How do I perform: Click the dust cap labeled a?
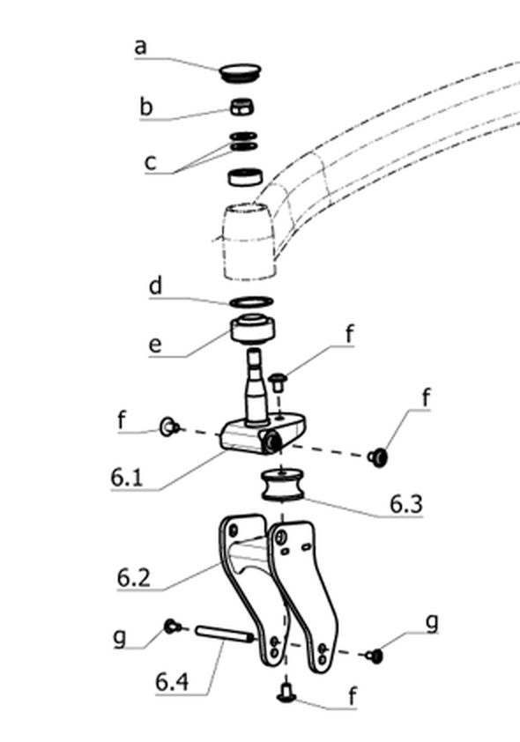pyautogui.click(x=241, y=72)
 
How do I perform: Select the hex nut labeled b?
pyautogui.click(x=242, y=107)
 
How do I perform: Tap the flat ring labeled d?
pyautogui.click(x=251, y=301)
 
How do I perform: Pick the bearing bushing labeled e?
pyautogui.click(x=253, y=329)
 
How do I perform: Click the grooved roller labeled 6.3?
pyautogui.click(x=283, y=484)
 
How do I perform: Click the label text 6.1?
pyautogui.click(x=126, y=477)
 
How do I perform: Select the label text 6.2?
pyautogui.click(x=133, y=578)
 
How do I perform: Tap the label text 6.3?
pyautogui.click(x=406, y=504)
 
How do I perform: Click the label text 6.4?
pyautogui.click(x=172, y=682)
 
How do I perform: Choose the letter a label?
pyautogui.click(x=140, y=47)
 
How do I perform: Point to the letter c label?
pyautogui.click(x=150, y=162)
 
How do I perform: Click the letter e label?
pyautogui.click(x=155, y=345)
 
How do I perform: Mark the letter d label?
pyautogui.click(x=155, y=286)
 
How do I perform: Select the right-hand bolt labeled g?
pyautogui.click(x=375, y=656)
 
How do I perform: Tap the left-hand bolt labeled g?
pyautogui.click(x=172, y=627)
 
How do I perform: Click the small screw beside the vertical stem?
pyautogui.click(x=278, y=382)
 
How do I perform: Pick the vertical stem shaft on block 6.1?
pyautogui.click(x=256, y=384)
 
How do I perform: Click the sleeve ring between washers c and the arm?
pyautogui.click(x=246, y=176)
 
